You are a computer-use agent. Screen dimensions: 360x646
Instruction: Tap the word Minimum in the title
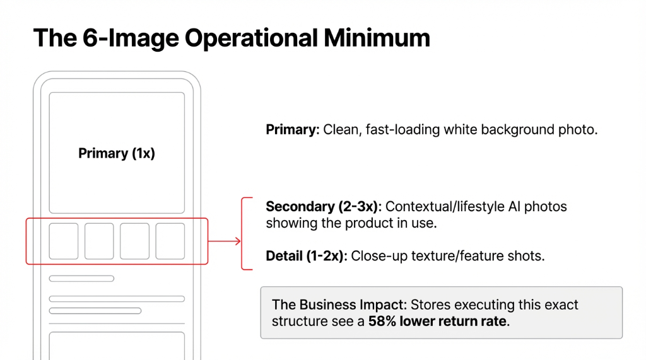[377, 38]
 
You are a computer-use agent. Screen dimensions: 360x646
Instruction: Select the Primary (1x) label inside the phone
[117, 153]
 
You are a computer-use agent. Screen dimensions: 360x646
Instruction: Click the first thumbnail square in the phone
[64, 241]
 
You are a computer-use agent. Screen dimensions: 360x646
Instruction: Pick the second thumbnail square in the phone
[99, 241]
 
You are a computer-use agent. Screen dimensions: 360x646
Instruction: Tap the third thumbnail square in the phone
[135, 241]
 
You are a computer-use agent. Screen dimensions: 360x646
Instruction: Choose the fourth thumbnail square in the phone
[170, 241]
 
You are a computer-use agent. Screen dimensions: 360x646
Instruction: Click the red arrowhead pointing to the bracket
[237, 241]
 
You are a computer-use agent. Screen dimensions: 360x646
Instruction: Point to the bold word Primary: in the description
[293, 131]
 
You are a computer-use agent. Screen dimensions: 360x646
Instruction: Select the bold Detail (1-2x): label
[307, 256]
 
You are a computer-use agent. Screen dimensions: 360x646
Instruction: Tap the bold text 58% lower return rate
[437, 322]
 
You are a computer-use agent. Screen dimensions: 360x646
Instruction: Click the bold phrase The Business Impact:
[339, 305]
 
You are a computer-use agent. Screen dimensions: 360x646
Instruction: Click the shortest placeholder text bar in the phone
[81, 278]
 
